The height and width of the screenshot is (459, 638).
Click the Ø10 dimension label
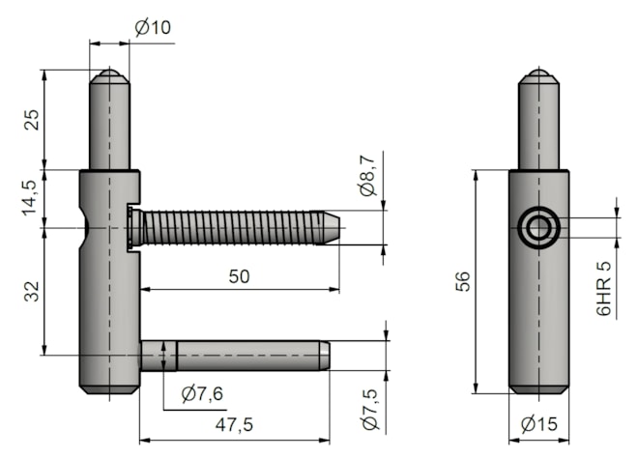[x=153, y=28]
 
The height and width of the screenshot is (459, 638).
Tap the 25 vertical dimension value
[x=32, y=120]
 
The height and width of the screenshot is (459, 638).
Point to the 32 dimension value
[x=32, y=292]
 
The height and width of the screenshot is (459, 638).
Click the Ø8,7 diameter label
[x=369, y=175]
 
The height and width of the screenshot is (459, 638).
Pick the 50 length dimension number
[x=239, y=276]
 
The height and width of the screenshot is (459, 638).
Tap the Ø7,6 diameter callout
[x=202, y=394]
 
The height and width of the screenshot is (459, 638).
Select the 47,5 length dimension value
[x=234, y=425]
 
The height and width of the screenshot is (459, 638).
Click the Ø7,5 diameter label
[x=370, y=410]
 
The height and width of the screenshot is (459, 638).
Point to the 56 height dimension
[x=463, y=281]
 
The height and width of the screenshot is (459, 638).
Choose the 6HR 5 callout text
[x=603, y=289]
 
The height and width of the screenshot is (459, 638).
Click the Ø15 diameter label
[x=539, y=424]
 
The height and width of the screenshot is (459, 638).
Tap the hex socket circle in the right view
[x=538, y=227]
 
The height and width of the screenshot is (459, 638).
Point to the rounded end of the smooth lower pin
[x=324, y=356]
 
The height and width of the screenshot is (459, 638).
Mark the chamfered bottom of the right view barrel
[x=538, y=389]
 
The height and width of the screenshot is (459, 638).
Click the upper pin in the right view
[x=538, y=119]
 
